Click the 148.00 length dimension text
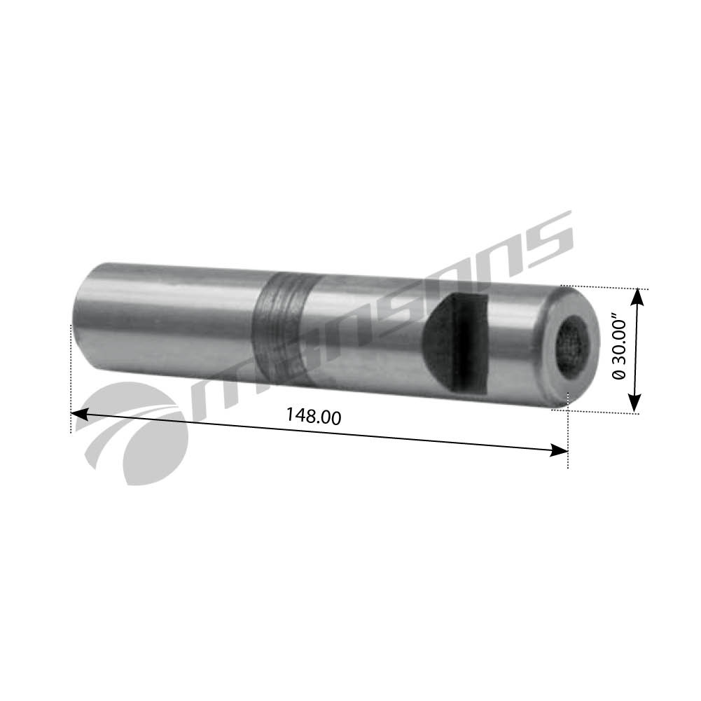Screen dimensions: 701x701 point(313,416)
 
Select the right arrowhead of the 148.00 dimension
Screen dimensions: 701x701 point(560,450)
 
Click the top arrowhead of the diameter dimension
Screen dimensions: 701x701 point(636,297)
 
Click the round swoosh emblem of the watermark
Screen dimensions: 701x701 point(137,434)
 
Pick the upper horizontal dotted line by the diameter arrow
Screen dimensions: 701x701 point(609,287)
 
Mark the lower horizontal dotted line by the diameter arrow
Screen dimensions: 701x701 point(602,412)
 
